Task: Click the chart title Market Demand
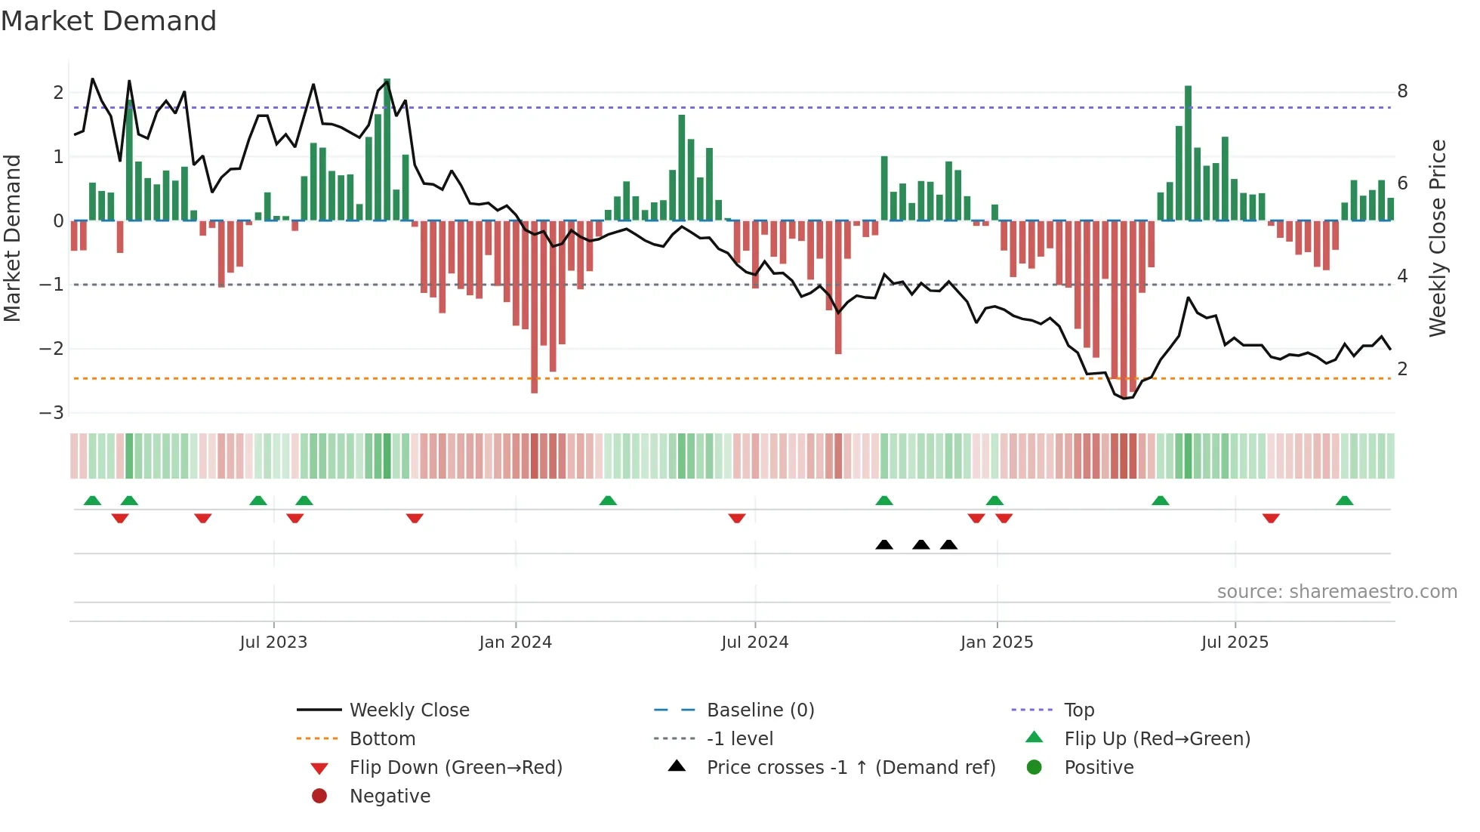[109, 21]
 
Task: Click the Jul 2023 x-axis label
[273, 642]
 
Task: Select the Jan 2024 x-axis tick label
[516, 642]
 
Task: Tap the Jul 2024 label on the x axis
[755, 642]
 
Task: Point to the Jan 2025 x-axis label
[997, 642]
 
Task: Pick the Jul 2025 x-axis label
[1235, 642]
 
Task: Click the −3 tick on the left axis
[52, 413]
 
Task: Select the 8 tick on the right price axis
[1402, 91]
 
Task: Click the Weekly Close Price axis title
[1438, 238]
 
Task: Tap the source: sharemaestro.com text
[1337, 591]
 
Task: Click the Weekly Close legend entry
[409, 710]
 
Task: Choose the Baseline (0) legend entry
[760, 710]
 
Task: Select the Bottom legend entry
[382, 739]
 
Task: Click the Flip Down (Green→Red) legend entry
[455, 768]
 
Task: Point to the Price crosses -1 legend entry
[851, 768]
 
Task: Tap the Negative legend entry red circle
[319, 797]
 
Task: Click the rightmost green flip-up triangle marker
[1345, 501]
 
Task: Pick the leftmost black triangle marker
[884, 544]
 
